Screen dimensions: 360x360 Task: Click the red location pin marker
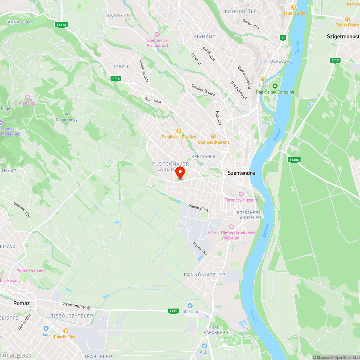click(x=180, y=172)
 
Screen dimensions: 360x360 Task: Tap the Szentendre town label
click(x=241, y=173)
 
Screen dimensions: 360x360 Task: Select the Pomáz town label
click(x=21, y=303)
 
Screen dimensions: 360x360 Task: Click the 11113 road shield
click(x=61, y=25)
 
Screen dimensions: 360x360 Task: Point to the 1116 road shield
click(x=116, y=78)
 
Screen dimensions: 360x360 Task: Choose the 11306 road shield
click(x=294, y=159)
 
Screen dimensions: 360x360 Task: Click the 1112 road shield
click(x=173, y=311)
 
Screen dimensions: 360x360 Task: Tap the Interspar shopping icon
click(x=190, y=306)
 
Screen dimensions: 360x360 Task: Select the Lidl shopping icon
click(x=46, y=328)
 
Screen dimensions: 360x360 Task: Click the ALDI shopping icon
click(x=203, y=346)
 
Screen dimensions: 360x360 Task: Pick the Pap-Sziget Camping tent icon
click(x=275, y=86)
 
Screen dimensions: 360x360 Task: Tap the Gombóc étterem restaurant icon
click(x=213, y=136)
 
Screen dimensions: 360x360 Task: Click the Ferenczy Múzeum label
click(x=241, y=200)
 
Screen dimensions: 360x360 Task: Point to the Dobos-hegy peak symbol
click(x=66, y=114)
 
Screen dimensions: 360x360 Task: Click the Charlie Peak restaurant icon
click(x=66, y=331)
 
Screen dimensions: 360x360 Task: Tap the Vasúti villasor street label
click(x=201, y=208)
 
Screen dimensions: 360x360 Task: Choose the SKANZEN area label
click(x=118, y=15)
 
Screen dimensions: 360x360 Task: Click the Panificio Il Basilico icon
click(x=179, y=131)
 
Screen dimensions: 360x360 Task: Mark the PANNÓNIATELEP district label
click(x=204, y=275)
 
